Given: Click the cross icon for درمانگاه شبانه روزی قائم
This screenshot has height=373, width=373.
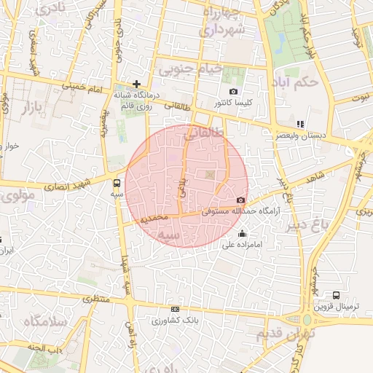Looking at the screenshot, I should click(x=136, y=84).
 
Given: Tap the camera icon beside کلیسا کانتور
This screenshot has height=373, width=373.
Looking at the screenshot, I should click(x=233, y=92).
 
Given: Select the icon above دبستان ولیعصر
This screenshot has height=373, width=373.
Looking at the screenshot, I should click(x=301, y=125).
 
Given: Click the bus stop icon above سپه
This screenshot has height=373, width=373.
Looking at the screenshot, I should click(x=117, y=183).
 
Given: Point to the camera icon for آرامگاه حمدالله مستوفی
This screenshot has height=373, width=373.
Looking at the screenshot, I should click(x=241, y=200).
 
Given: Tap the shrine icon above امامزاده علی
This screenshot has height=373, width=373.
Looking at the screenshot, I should click(x=242, y=234).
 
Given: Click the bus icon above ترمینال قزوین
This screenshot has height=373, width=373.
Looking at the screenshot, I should click(x=336, y=295).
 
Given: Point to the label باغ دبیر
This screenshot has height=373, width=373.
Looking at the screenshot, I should click(x=343, y=236).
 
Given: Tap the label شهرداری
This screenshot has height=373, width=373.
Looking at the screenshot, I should click(x=227, y=30).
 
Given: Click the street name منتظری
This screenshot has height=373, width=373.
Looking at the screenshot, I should click(x=98, y=299).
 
